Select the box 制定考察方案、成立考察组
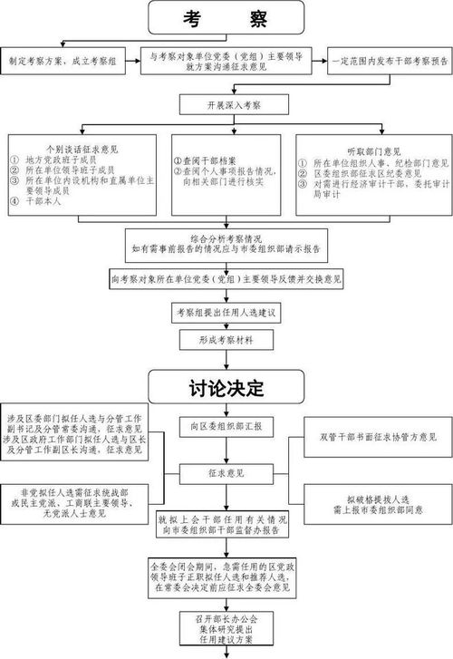[64, 61]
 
